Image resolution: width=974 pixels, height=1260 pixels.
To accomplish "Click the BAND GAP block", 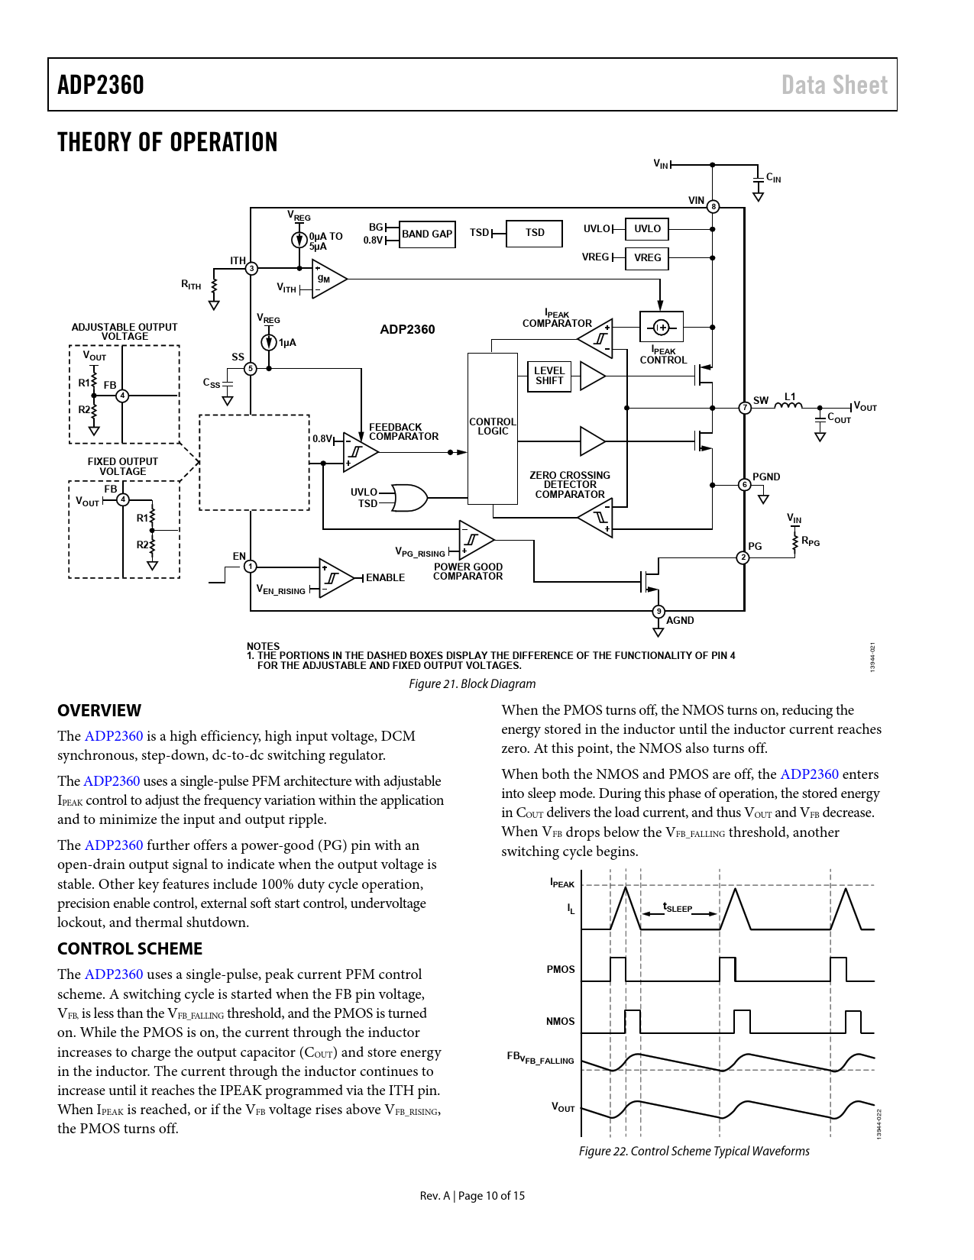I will pos(427,234).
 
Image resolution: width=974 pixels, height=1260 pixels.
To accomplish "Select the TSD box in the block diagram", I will pos(535,233).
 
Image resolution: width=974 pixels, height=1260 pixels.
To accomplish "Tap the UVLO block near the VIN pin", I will pos(647,229).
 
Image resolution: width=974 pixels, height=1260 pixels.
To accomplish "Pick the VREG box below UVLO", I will pos(647,258).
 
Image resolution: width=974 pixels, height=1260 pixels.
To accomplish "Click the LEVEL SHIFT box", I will pos(549,376).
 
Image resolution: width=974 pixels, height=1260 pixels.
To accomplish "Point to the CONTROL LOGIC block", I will pos(493,428).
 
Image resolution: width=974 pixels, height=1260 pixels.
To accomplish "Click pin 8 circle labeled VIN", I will pos(713,207).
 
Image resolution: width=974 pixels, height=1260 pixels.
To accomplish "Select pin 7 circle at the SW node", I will pos(745,408).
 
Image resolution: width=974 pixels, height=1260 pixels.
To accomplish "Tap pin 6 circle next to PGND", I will pos(745,484).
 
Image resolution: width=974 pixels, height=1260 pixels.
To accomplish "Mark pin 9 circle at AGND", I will pos(659,611).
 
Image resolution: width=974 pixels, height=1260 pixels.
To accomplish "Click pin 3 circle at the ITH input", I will pos(251,269).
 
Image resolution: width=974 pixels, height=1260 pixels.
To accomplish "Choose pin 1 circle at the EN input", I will pos(251,567).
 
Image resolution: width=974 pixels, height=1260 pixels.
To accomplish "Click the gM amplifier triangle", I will pos(328,279).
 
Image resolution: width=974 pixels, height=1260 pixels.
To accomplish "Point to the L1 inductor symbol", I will pos(788,405).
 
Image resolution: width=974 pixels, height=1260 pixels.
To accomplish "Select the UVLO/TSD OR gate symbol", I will pos(409,498).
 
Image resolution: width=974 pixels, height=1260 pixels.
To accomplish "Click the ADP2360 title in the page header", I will pos(101,85).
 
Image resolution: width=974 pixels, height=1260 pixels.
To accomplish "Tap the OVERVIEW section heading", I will pos(99,711).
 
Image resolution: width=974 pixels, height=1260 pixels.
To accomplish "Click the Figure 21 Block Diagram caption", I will pos(472,684).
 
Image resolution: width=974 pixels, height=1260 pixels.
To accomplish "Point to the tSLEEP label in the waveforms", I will pos(678,908).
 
